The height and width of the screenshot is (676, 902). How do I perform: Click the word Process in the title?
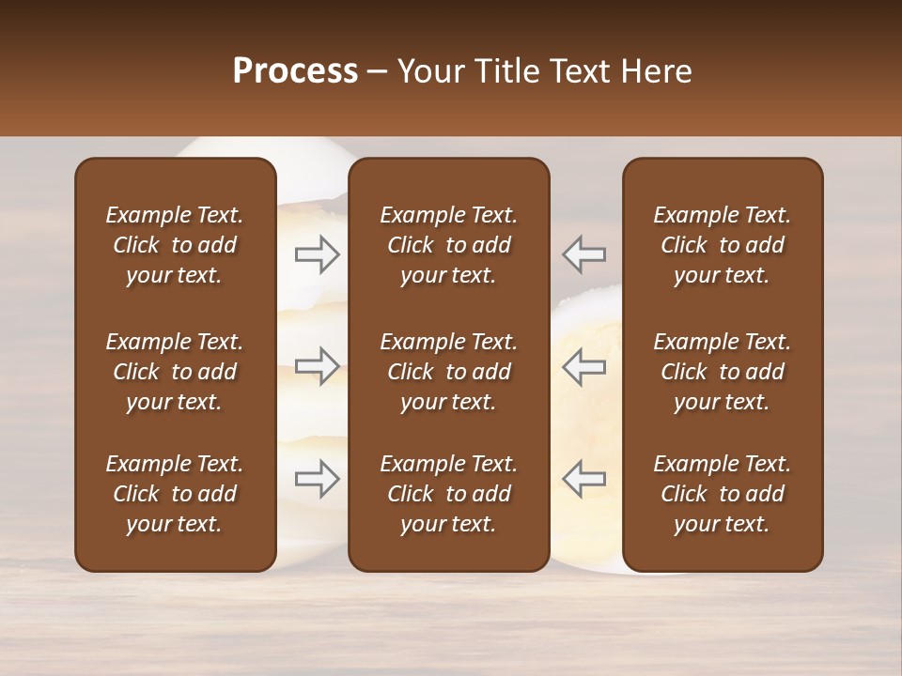pyautogui.click(x=295, y=71)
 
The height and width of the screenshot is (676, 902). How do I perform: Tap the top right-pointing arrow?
pyautogui.click(x=318, y=253)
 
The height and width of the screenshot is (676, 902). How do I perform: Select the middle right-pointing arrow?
pyautogui.click(x=318, y=366)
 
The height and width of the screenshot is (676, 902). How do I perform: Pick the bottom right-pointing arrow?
pyautogui.click(x=318, y=479)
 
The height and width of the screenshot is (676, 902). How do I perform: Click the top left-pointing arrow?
pyautogui.click(x=584, y=253)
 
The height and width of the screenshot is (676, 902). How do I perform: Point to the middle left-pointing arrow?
pyautogui.click(x=584, y=366)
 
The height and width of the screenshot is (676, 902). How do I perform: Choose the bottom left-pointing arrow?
pyautogui.click(x=584, y=479)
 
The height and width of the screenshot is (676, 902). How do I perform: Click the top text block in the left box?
pyautogui.click(x=175, y=245)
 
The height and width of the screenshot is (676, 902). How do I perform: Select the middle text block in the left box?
pyautogui.click(x=175, y=372)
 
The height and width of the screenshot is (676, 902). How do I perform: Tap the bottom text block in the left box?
pyautogui.click(x=175, y=494)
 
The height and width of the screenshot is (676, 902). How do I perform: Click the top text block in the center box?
pyautogui.click(x=448, y=245)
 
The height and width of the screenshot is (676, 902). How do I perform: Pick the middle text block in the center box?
pyautogui.click(x=448, y=372)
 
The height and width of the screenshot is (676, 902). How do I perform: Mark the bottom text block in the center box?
pyautogui.click(x=448, y=494)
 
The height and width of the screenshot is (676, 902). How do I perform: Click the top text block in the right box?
pyautogui.click(x=722, y=245)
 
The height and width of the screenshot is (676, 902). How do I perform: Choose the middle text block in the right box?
pyautogui.click(x=722, y=372)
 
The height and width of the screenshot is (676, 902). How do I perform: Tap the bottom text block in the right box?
pyautogui.click(x=722, y=494)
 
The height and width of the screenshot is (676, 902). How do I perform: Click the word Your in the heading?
pyautogui.click(x=432, y=71)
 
